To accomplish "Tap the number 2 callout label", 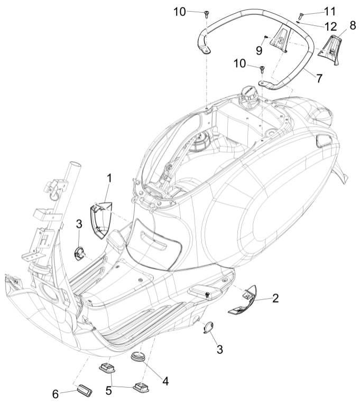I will coord(275,298).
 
